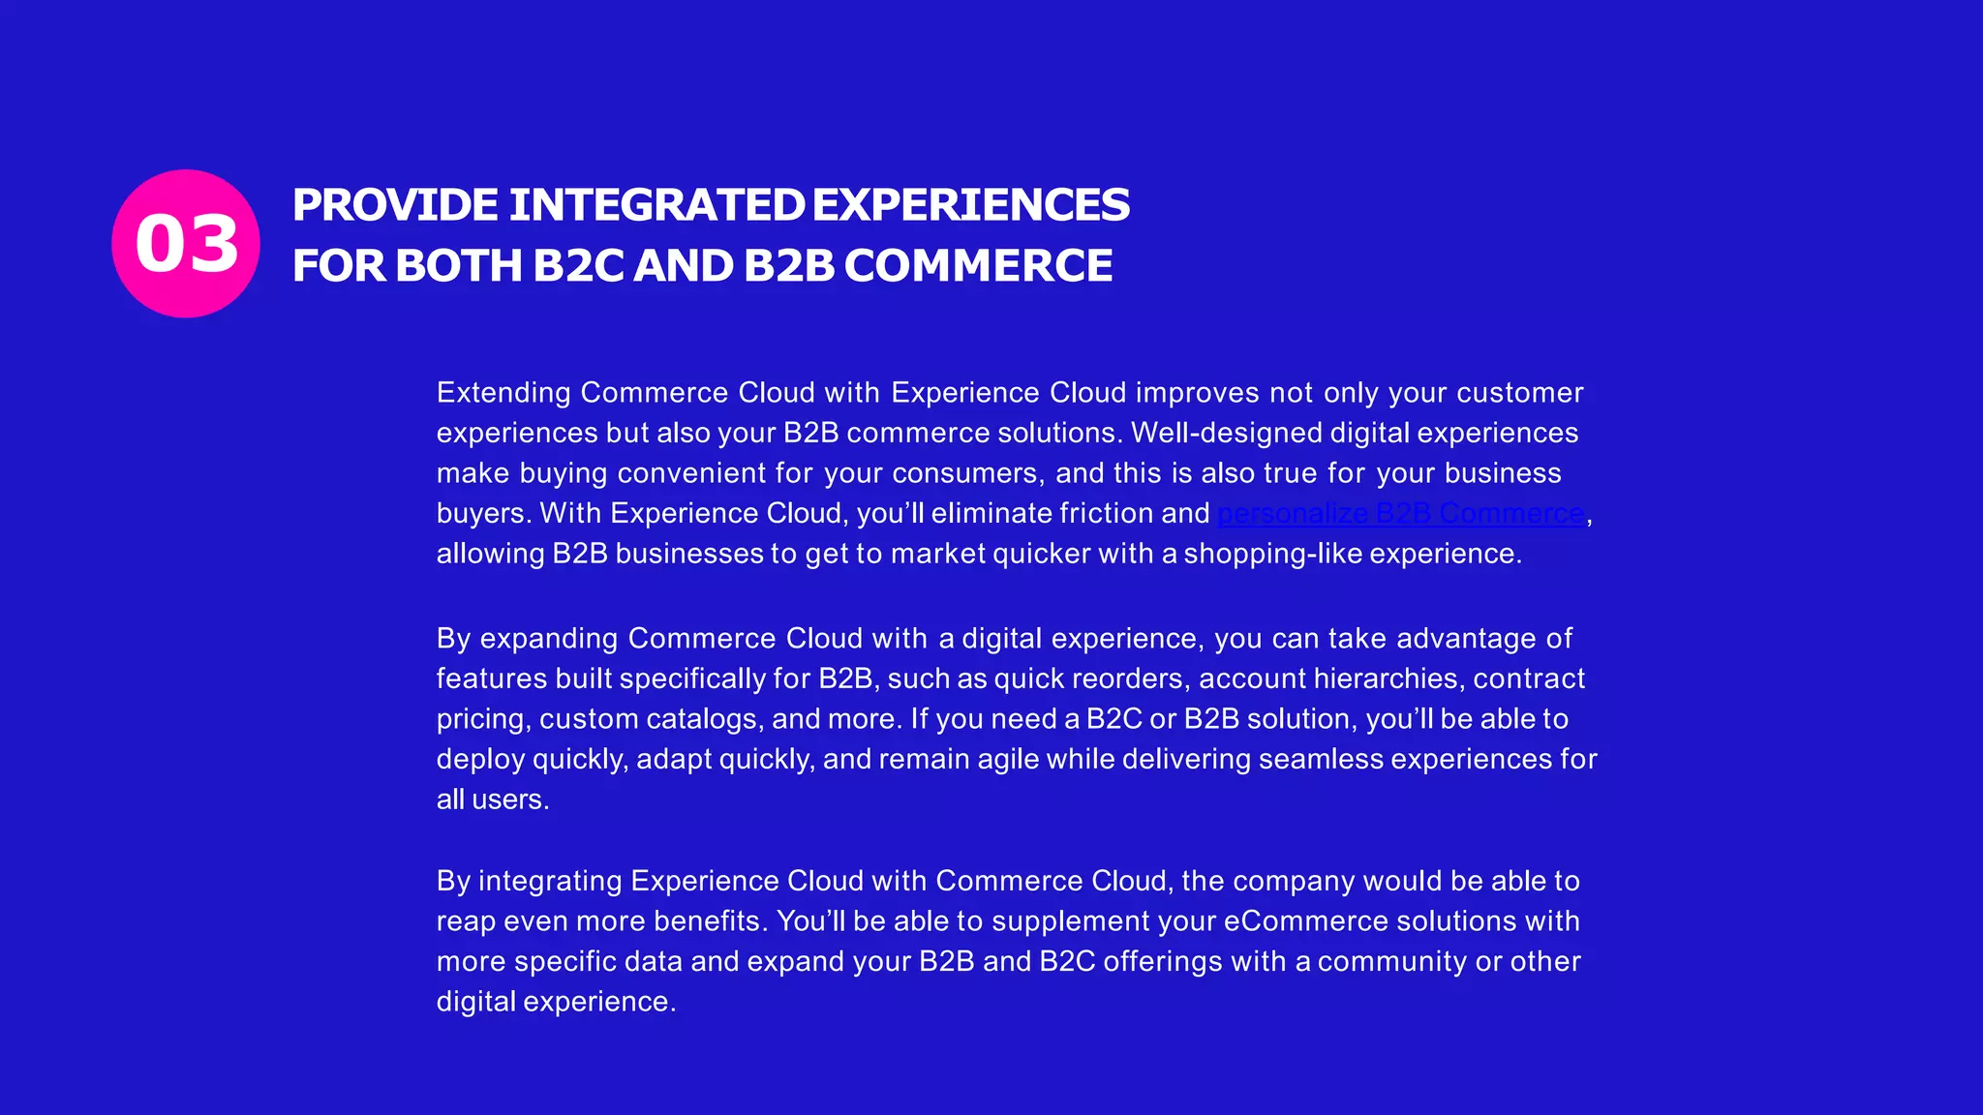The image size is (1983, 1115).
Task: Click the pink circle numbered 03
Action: [x=186, y=243]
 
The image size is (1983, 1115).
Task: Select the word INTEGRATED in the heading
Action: [x=656, y=205]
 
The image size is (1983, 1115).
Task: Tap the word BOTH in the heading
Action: [x=459, y=266]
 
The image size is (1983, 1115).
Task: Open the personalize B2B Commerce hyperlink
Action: [x=1400, y=513]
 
